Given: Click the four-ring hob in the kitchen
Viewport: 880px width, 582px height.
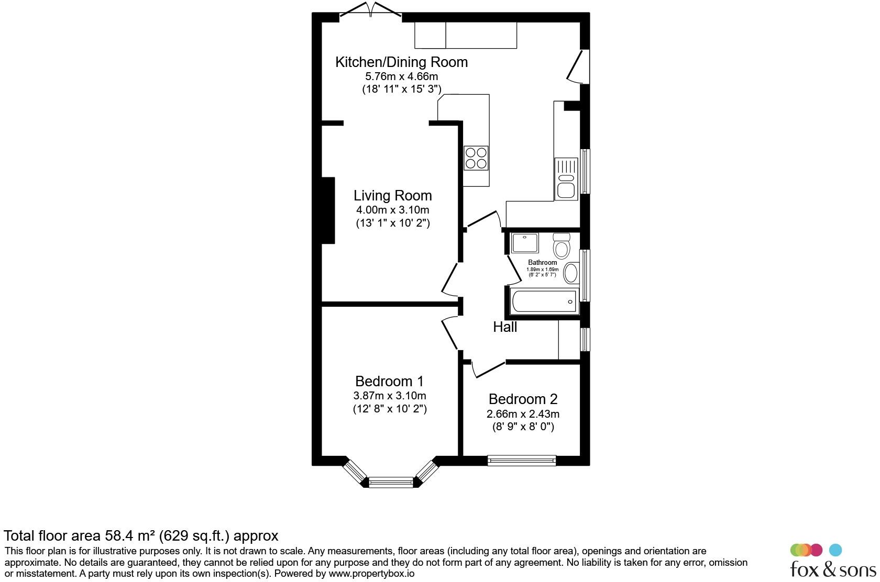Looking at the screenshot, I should [x=476, y=158].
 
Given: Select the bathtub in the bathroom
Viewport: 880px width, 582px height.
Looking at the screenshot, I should [x=544, y=301].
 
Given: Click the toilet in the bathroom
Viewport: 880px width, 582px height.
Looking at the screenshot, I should [x=562, y=245].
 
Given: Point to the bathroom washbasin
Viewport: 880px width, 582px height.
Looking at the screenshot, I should [x=571, y=273].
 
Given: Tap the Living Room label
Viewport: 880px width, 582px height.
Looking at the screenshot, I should [x=392, y=195].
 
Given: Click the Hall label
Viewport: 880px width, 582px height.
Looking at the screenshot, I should [x=505, y=327].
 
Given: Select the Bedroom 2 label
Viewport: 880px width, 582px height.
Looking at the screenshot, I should [x=523, y=399].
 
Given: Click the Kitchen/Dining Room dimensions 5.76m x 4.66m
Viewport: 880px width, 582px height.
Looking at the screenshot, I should [x=401, y=76].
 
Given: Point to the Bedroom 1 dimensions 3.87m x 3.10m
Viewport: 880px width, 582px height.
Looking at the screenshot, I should [x=389, y=396].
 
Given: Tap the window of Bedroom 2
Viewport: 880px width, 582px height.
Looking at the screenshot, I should [x=521, y=460].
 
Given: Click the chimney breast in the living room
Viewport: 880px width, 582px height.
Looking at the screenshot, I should [x=328, y=210].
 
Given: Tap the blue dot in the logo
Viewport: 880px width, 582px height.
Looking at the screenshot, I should [x=835, y=550].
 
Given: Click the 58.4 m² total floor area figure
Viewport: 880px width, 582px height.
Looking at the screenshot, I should [x=131, y=535].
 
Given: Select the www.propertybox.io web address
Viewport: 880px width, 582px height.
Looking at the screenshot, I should [x=371, y=574].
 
